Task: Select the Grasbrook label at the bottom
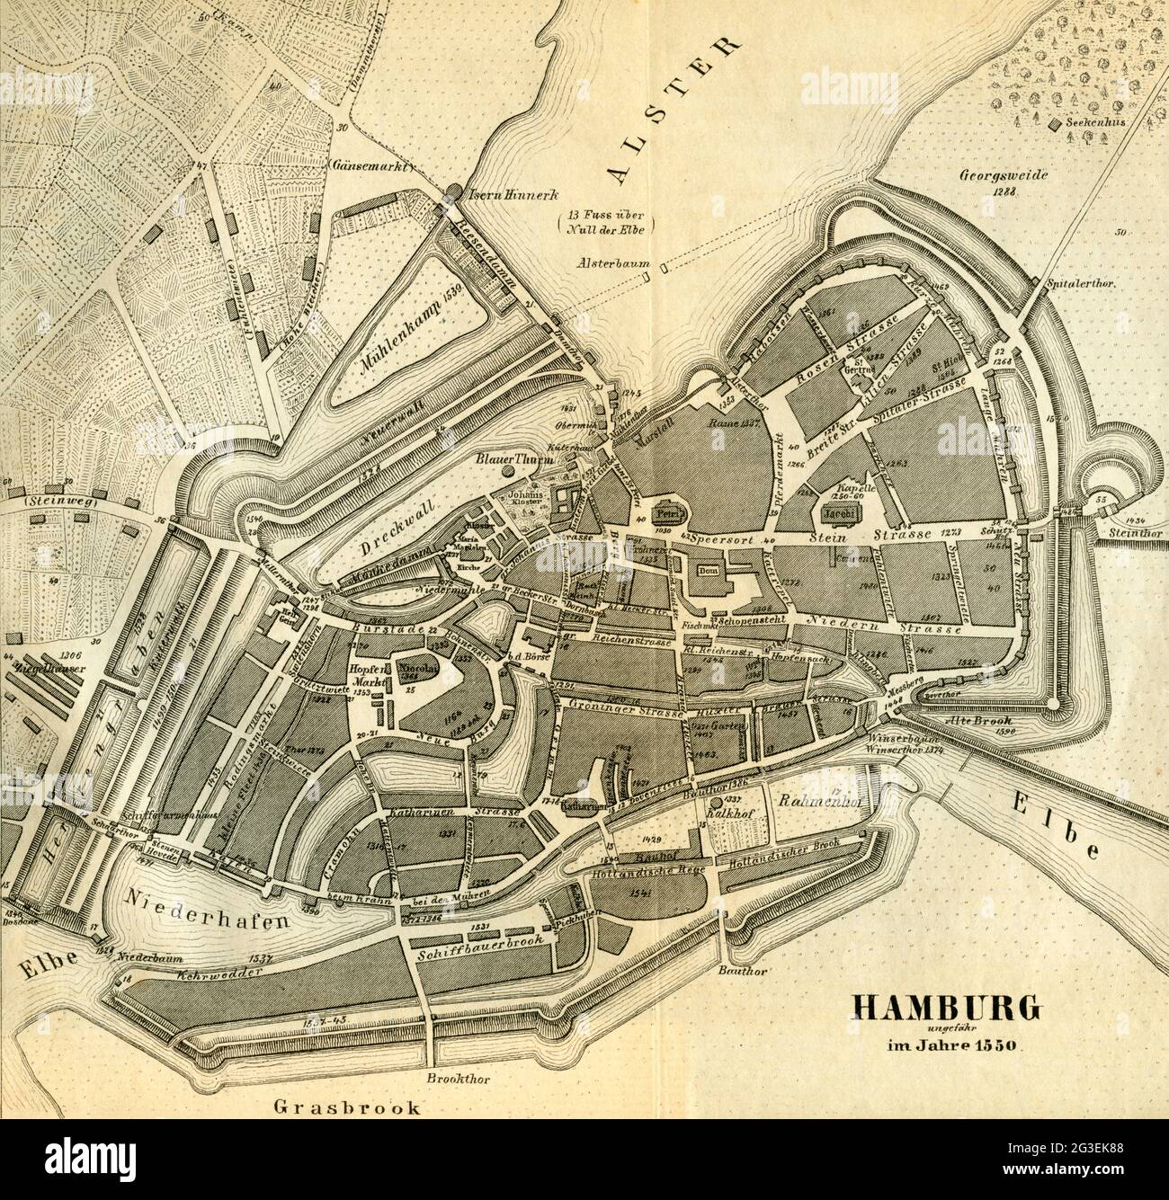(348, 1107)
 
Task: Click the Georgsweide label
(1003, 178)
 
